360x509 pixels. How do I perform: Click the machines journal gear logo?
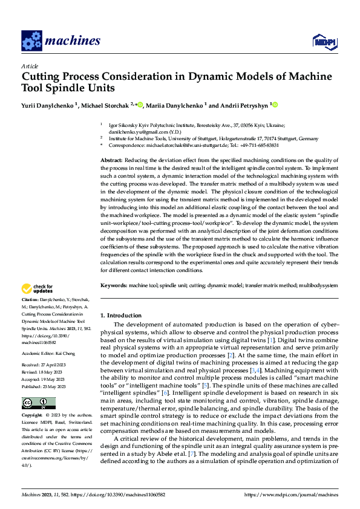[x=31, y=41]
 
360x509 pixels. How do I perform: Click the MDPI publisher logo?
[x=324, y=41]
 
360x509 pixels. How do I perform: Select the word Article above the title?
[x=30, y=66]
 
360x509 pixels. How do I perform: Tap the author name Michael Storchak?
[x=105, y=105]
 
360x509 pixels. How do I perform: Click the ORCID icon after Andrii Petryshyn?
[x=275, y=105]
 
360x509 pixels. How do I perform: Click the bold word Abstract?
[x=111, y=159]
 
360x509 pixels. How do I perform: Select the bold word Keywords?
[x=113, y=285]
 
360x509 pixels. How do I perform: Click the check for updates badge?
[x=39, y=288]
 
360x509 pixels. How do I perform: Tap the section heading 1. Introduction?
[x=120, y=316]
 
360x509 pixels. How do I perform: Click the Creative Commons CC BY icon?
[x=38, y=403]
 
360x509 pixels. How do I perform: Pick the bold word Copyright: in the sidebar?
[x=31, y=417]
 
